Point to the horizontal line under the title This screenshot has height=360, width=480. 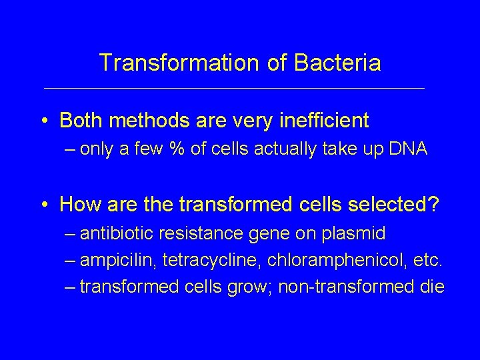tap(233, 88)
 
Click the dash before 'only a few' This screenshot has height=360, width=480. tap(71, 149)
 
